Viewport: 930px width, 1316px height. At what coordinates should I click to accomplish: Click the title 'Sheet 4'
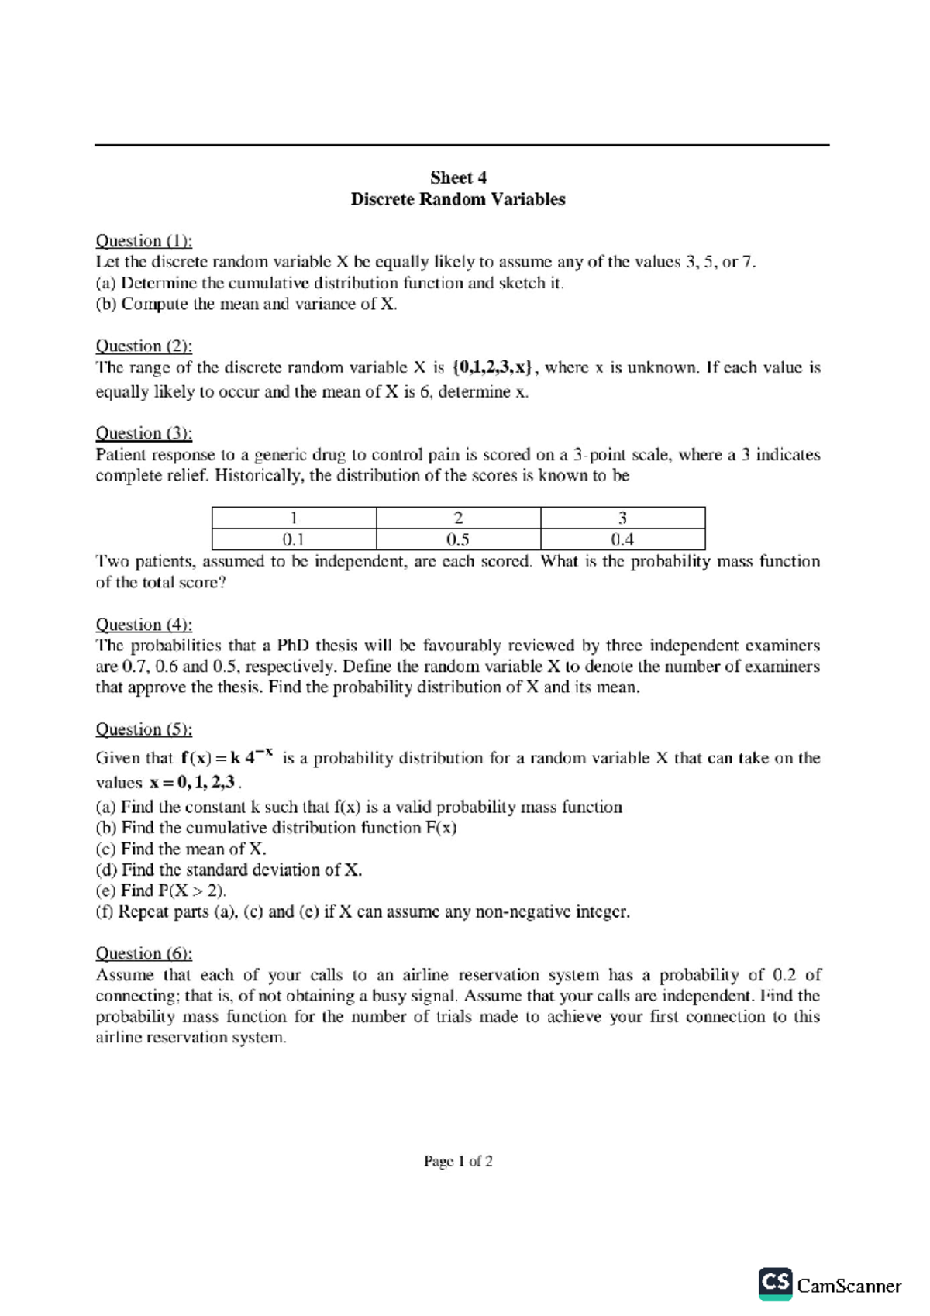458,177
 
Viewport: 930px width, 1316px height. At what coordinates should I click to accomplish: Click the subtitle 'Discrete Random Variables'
458,199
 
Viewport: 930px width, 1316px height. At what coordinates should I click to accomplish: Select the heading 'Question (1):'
143,241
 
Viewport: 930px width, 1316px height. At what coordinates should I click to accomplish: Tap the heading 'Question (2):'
143,346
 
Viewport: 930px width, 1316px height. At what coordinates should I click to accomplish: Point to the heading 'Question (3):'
143,433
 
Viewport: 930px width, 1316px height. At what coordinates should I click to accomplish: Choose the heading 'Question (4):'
143,625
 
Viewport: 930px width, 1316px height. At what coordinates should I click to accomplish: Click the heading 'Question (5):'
143,729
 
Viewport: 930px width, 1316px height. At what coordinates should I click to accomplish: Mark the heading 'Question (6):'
143,953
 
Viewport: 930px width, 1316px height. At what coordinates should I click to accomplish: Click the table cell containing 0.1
294,539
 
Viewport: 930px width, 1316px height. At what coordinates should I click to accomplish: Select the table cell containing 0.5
458,539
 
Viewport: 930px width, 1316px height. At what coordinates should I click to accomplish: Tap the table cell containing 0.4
622,539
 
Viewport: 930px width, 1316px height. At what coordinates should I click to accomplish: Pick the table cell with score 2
458,518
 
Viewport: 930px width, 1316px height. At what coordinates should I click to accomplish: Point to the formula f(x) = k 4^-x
226,756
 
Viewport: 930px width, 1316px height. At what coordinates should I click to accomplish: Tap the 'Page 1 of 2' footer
458,1161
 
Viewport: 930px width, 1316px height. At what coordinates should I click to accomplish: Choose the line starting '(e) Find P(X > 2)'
160,891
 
